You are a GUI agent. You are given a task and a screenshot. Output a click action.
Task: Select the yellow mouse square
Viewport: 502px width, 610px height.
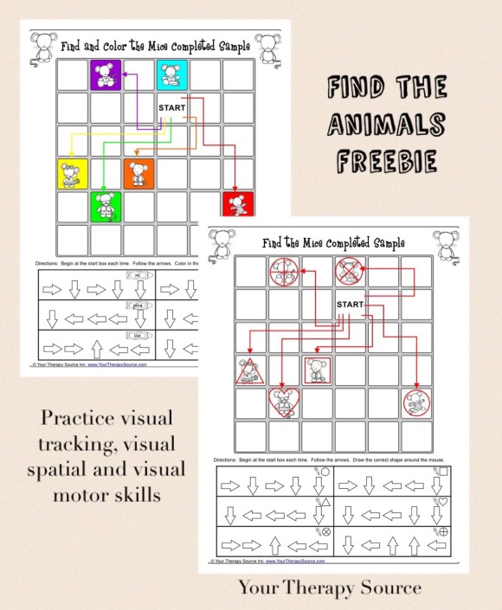coord(72,173)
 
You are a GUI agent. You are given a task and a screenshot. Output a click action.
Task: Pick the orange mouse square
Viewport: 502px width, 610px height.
coord(138,173)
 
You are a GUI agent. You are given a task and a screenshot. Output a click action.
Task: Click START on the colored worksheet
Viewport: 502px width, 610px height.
coord(172,107)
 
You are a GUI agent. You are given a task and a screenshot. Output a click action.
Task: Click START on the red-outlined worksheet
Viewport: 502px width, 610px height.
coord(350,305)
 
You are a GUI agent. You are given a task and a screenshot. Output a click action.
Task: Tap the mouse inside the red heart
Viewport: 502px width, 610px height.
coord(283,402)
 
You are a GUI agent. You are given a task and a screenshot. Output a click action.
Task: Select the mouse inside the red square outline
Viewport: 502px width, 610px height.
coord(316,370)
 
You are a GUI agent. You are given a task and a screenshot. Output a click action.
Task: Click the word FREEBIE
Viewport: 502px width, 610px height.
coord(388,162)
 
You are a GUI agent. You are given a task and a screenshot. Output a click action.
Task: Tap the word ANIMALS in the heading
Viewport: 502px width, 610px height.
coord(388,125)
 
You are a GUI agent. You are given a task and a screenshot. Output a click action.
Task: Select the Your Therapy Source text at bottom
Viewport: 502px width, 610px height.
coord(330,589)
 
